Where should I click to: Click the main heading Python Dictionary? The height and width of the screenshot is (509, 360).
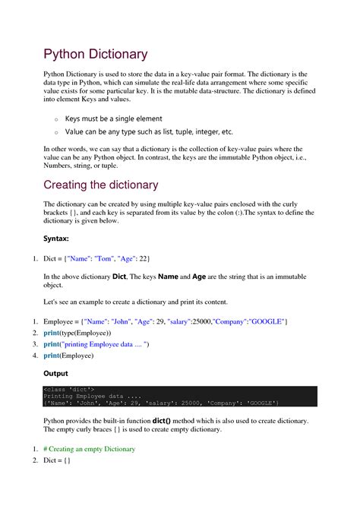click(x=95, y=54)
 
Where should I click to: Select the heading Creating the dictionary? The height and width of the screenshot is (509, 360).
click(x=100, y=185)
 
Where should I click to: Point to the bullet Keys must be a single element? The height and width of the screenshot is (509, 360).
click(x=113, y=119)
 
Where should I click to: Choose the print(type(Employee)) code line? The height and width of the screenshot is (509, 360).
click(x=77, y=334)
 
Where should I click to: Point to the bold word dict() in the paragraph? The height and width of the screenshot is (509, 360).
click(x=165, y=420)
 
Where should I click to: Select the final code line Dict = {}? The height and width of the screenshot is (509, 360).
click(x=57, y=460)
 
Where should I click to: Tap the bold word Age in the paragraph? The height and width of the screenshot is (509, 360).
click(x=199, y=277)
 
